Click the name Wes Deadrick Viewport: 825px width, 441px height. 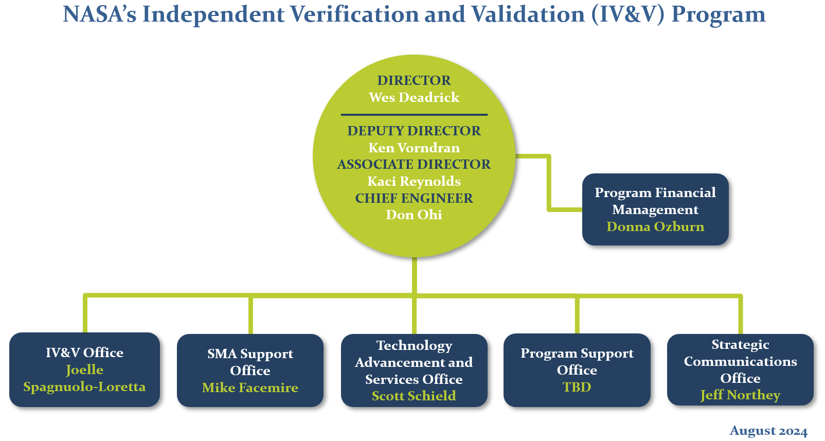414,97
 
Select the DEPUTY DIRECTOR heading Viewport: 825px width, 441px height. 414,131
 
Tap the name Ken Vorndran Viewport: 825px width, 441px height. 414,148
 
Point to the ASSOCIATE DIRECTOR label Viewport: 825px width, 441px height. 414,164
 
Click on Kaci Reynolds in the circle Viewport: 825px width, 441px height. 414,181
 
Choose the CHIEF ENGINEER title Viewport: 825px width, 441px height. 414,198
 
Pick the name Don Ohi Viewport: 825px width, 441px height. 414,215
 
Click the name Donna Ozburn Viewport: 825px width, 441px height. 655,226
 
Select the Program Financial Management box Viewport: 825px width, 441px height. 655,209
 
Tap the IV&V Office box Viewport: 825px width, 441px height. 85,369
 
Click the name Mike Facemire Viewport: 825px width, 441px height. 250,387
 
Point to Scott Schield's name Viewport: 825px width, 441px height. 414,396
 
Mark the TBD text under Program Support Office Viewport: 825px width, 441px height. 577,387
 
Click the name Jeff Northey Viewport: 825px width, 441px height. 740,395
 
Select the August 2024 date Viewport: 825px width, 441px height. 768,431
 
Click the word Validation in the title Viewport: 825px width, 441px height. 529,14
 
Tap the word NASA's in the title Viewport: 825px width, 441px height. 100,14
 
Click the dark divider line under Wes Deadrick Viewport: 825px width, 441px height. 414,115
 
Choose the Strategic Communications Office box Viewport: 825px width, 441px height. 740,369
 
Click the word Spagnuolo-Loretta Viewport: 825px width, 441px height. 85,387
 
